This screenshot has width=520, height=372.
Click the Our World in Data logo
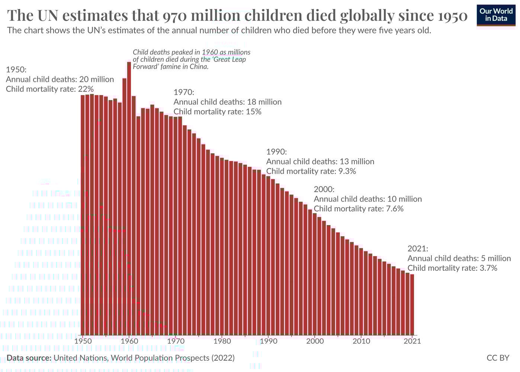click(496, 15)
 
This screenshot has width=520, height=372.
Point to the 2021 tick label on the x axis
click(412, 341)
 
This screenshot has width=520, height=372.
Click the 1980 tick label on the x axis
click(222, 341)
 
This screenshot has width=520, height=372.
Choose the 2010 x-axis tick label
click(361, 341)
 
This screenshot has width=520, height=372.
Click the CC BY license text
click(498, 358)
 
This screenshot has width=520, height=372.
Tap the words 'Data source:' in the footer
click(29, 358)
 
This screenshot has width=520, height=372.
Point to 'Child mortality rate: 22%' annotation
click(49, 89)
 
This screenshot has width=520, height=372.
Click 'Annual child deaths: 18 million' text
click(227, 102)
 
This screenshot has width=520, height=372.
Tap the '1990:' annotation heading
click(276, 152)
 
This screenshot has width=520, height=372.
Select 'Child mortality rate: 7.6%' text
click(358, 209)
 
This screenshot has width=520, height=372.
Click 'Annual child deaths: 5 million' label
click(459, 258)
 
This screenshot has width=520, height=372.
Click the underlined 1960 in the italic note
click(210, 52)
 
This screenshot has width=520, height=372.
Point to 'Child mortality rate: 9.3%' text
click(311, 171)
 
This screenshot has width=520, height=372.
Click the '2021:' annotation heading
click(418, 248)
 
